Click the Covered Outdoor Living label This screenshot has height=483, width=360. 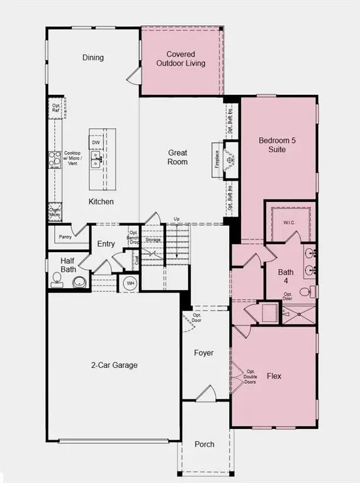coord(181,59)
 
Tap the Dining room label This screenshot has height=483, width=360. coord(93,58)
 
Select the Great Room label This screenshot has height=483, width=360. coord(177,157)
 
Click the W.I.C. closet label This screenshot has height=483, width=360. coord(289,222)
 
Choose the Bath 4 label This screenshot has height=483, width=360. coord(286,277)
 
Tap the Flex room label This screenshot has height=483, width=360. coord(274,377)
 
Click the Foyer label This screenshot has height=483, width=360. coord(203,353)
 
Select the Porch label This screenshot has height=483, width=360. coord(204,444)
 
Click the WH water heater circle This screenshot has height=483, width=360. coord(131,283)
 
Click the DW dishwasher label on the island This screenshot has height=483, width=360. coord(96,143)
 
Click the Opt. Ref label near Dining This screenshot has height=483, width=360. coord(56,108)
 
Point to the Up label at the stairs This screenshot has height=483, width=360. coord(177,219)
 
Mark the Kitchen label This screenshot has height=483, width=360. coord(101,202)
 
